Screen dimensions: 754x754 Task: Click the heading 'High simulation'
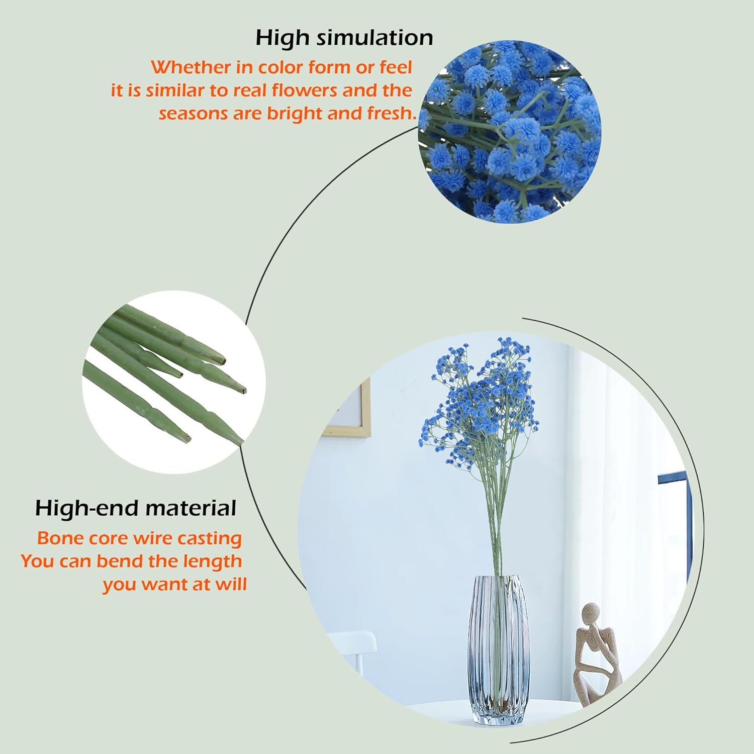(x=344, y=38)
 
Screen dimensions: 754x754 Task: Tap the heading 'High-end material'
(x=136, y=508)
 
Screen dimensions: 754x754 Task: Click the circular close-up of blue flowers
(x=510, y=132)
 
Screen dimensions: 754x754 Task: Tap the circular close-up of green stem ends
(x=174, y=382)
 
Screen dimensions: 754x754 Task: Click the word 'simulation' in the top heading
(x=375, y=38)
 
